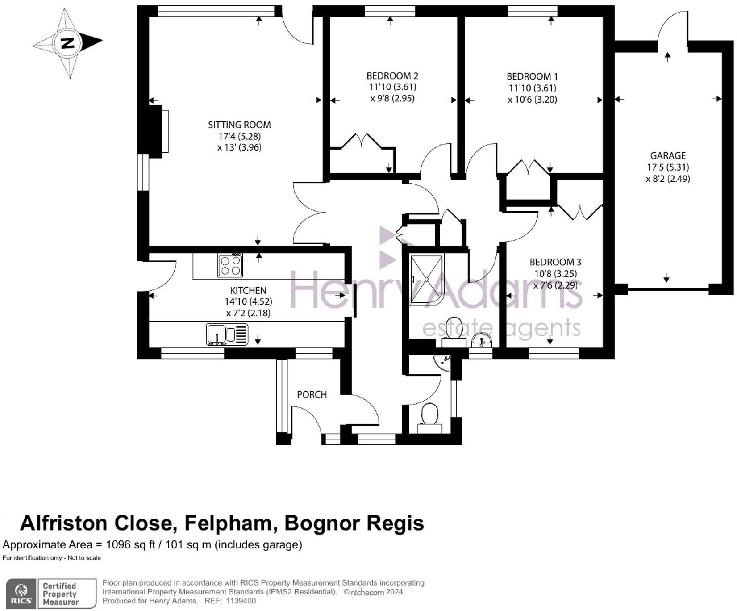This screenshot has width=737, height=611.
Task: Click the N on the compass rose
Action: pos(67,43)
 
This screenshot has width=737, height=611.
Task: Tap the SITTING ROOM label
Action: pos(239,125)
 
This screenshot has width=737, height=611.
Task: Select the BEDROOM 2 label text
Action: pos(392,76)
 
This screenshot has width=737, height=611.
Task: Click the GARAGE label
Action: pos(668,156)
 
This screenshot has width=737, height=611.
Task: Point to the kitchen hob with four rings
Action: pos(230,265)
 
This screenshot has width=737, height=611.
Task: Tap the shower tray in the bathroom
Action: pos(427,280)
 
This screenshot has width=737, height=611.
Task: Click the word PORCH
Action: pos(312,395)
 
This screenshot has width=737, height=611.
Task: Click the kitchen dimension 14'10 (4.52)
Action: pos(248,302)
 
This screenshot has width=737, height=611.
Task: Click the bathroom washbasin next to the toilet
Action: pos(481,340)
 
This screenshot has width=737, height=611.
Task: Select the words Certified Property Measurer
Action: pos(60,594)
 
